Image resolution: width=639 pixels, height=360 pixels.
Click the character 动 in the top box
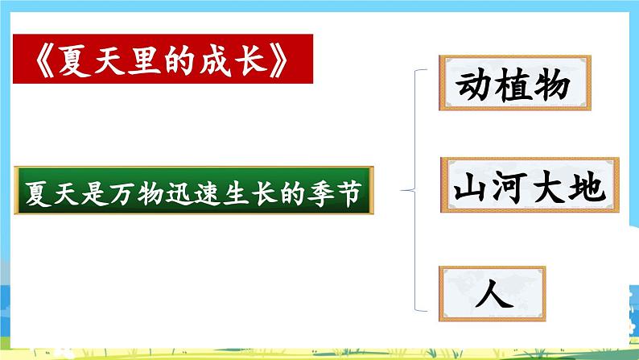tap(476, 86)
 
